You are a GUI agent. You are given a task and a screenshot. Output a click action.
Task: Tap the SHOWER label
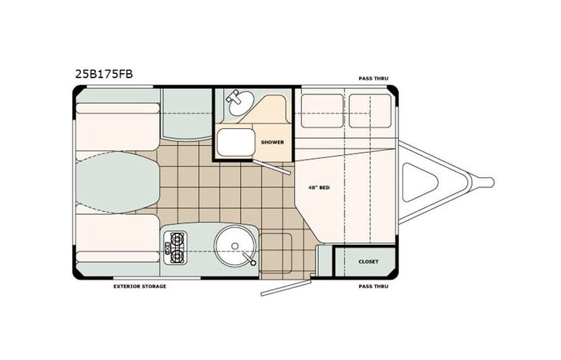(x=272, y=142)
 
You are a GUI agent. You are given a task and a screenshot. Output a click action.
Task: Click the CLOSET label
(x=368, y=261)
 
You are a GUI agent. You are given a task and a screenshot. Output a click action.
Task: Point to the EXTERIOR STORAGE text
(x=140, y=286)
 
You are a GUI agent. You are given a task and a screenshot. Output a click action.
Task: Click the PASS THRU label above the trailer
(x=373, y=78)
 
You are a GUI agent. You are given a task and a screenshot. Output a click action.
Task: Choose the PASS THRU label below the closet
(x=373, y=286)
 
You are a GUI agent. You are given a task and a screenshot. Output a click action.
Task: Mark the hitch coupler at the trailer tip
(x=485, y=182)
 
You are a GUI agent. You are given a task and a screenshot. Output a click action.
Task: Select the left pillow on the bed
(x=321, y=111)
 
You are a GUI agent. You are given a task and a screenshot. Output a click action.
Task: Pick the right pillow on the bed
(x=369, y=111)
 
